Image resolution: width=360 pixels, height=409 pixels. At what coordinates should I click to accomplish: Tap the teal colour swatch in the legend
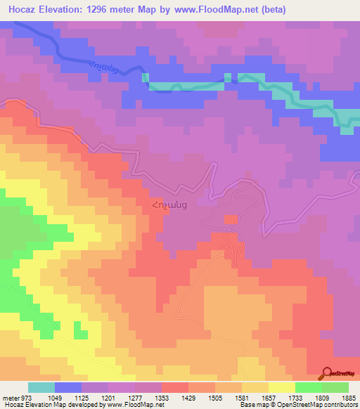pos(41,387)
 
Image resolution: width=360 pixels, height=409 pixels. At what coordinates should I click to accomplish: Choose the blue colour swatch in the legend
pos(68,387)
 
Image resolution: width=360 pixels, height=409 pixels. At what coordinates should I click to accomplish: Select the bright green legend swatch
pos(309,387)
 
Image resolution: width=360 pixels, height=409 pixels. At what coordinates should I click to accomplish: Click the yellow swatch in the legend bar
pos(282,387)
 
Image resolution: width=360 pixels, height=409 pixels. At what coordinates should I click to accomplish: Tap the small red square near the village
pos(231,220)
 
